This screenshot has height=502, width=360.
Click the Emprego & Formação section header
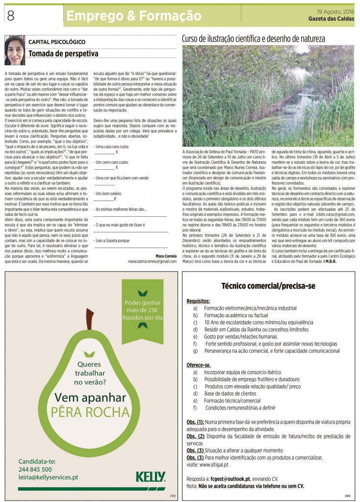[134, 16]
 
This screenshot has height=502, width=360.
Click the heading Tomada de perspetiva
[63, 53]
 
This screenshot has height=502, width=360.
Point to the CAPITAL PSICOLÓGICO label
[57, 42]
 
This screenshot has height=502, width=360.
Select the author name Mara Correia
[165, 256]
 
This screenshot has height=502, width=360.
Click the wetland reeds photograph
[269, 96]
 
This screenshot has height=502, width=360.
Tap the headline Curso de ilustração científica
[254, 38]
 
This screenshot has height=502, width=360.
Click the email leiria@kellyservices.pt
[48, 477]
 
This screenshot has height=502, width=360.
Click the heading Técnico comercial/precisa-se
[268, 285]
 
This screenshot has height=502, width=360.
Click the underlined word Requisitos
[198, 301]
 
